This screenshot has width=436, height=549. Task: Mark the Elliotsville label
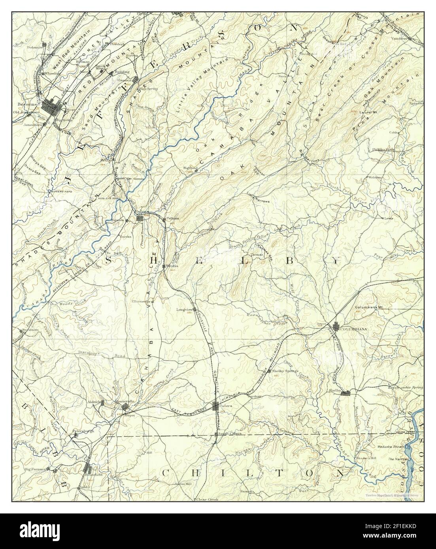pyautogui.click(x=141, y=301)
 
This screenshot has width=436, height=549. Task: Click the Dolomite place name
pyautogui.click(x=35, y=47)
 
